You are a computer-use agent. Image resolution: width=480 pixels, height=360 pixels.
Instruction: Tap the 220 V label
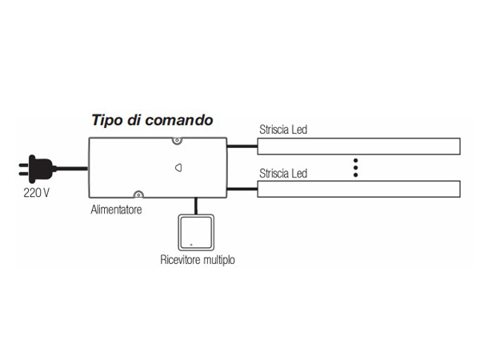[37, 193]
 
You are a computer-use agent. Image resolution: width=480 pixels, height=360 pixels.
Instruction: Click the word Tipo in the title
[107, 120]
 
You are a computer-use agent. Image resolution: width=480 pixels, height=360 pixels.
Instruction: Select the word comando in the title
[179, 120]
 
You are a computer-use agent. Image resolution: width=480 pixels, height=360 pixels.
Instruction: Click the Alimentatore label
[116, 210]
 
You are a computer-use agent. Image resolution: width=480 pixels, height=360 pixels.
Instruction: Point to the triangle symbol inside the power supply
[178, 168]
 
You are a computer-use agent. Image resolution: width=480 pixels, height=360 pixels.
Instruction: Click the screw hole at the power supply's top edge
[177, 141]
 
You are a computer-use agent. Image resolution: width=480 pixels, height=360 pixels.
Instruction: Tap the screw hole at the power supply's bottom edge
[138, 194]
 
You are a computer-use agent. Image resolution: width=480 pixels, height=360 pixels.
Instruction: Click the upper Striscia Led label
[283, 130]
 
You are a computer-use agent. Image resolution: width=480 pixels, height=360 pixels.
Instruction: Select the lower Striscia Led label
[283, 174]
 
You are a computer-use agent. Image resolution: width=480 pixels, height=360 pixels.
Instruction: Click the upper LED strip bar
[358, 146]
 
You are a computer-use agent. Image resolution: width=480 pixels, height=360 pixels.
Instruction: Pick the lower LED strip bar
[358, 189]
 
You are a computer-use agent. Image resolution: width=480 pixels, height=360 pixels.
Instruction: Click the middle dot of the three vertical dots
[355, 167]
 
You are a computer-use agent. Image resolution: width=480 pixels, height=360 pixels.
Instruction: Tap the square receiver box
[196, 232]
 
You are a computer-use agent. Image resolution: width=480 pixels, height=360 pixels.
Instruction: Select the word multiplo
[219, 260]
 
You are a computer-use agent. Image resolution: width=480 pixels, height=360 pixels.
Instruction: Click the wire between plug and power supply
[72, 168]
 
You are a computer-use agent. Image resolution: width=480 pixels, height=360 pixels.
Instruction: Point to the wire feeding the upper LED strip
[242, 146]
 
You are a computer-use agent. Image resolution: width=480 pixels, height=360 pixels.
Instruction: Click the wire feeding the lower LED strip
[242, 189]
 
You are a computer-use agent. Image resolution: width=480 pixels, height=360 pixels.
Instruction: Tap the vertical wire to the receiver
[196, 206]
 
